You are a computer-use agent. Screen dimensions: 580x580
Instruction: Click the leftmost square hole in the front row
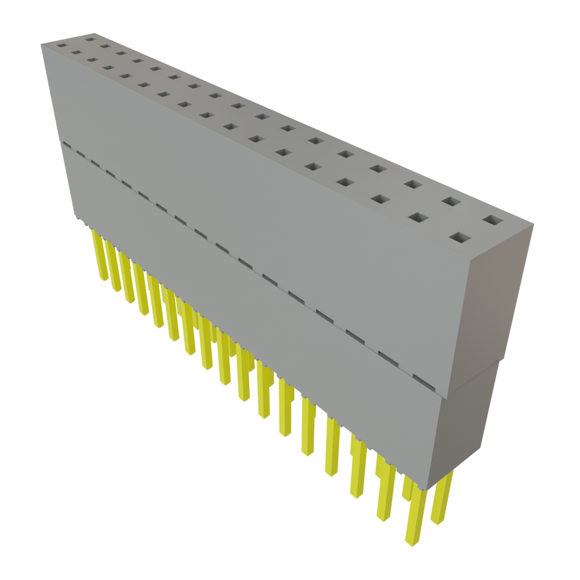click(x=61, y=44)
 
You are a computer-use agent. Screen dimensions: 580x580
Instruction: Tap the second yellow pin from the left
click(x=113, y=269)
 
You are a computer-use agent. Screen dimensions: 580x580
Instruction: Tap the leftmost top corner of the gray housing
click(x=41, y=45)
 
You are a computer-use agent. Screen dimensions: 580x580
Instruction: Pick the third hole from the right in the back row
click(x=413, y=184)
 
